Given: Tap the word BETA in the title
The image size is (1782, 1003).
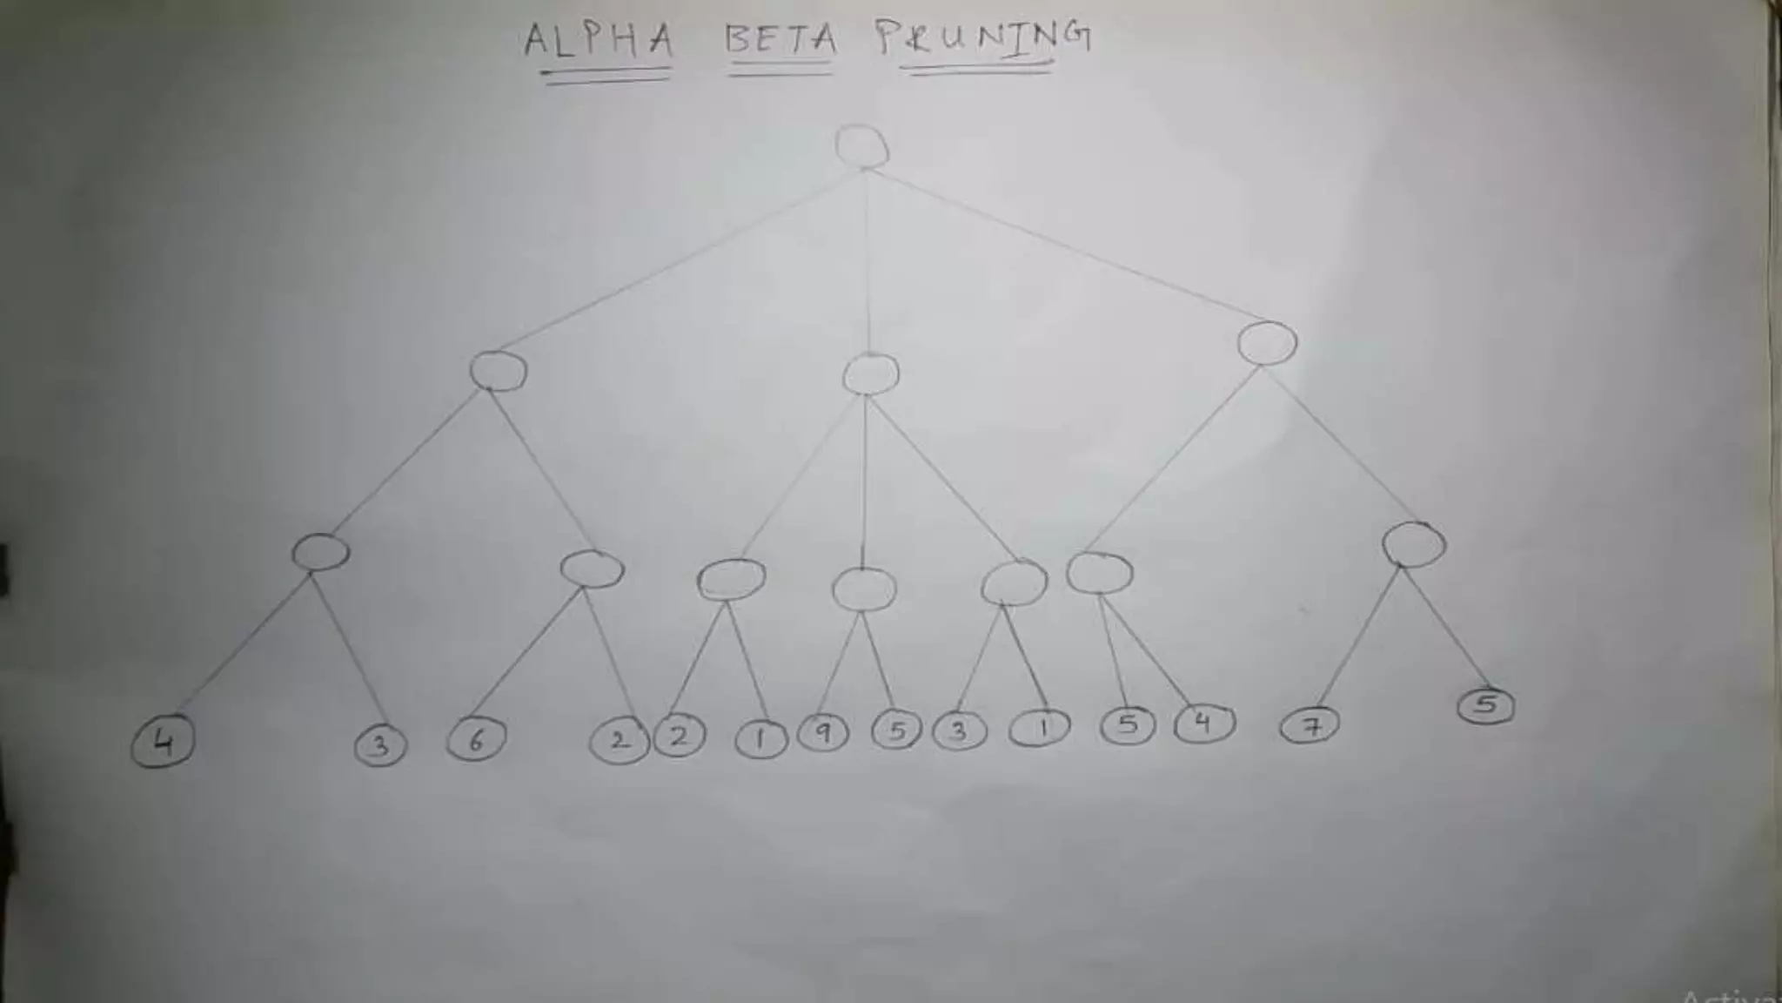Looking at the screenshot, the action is [x=780, y=40].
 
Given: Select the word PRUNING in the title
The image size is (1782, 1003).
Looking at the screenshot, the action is [x=983, y=38].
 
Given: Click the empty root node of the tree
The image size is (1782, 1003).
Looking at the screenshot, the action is [x=861, y=146].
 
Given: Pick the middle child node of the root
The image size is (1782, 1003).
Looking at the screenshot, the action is [x=870, y=374].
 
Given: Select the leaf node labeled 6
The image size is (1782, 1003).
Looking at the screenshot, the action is [x=476, y=741].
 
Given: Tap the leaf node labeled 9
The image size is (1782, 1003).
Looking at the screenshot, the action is [x=823, y=732].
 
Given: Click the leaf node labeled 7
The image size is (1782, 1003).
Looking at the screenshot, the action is [x=1310, y=725].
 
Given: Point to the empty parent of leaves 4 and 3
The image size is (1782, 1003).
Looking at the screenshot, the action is [x=320, y=552].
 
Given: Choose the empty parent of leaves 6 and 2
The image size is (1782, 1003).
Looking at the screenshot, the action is [x=592, y=569].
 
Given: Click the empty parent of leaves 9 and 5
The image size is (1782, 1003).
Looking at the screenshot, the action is [x=863, y=589].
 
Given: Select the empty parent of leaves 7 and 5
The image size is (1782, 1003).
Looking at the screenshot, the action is [x=1414, y=545].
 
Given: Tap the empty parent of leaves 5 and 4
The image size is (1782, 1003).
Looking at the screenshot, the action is [x=1100, y=573].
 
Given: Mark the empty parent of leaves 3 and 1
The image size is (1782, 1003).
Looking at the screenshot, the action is [x=1014, y=583].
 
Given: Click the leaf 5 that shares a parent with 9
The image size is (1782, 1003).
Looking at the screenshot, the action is [x=896, y=730].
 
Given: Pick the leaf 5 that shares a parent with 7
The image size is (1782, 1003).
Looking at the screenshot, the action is [x=1486, y=705].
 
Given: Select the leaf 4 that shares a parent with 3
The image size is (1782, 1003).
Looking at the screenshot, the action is [x=163, y=743].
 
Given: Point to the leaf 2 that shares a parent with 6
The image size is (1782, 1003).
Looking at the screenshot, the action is [x=619, y=741].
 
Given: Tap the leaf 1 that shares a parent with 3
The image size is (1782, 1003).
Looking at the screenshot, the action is [x=1040, y=728].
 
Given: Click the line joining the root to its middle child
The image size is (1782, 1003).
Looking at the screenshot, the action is [x=868, y=261].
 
